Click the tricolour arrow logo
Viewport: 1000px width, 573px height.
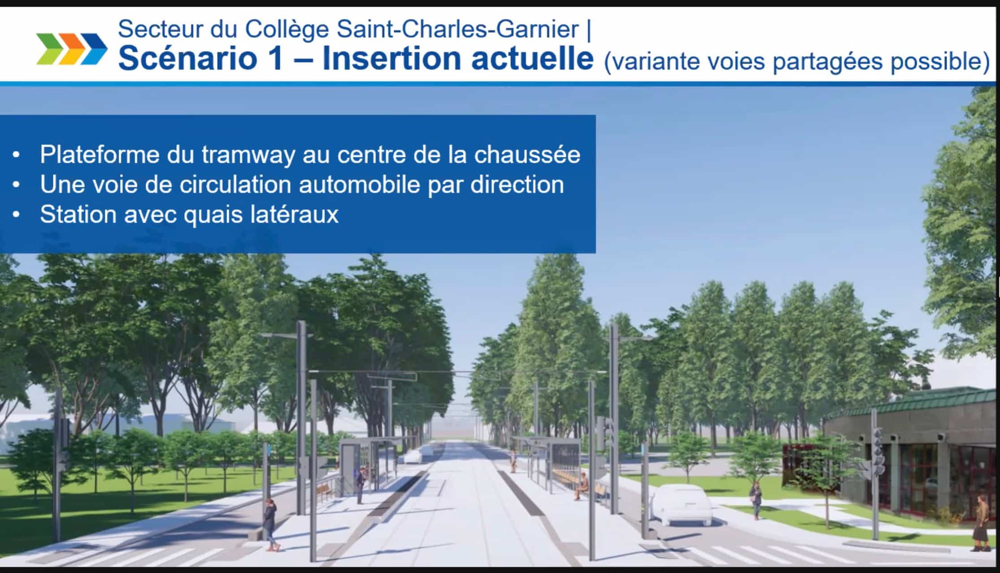click(72, 48)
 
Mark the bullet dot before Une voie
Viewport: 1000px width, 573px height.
click(17, 185)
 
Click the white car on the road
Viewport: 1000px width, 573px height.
click(682, 504)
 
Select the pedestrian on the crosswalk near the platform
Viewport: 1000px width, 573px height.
click(270, 525)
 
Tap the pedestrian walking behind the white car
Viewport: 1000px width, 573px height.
click(756, 500)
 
